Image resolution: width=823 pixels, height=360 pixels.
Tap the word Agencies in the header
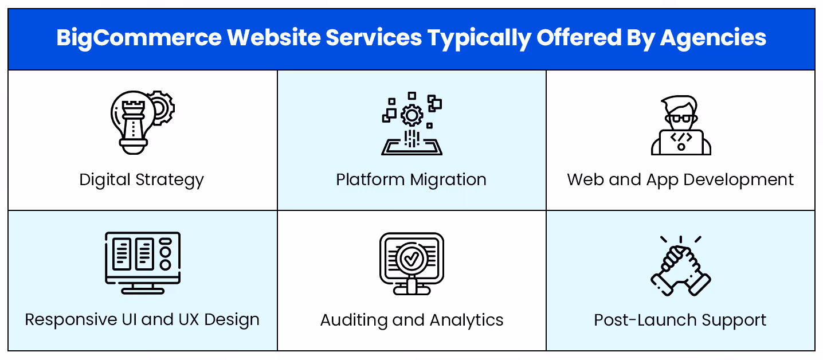pos(713,38)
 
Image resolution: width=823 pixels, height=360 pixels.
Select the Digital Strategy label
pos(142,180)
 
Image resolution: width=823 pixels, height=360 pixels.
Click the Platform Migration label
pos(411,180)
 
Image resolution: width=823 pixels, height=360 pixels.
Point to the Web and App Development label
pos(680,180)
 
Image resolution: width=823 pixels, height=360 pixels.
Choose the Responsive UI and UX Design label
pos(142,319)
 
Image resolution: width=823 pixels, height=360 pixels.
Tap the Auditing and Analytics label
pos(411,320)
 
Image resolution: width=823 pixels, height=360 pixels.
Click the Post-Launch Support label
pos(680,320)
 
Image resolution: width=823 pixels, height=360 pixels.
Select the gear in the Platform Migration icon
pos(411,115)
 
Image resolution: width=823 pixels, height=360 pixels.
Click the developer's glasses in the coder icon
pos(681,119)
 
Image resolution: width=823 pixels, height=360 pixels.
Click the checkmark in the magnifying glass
pos(411,259)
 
